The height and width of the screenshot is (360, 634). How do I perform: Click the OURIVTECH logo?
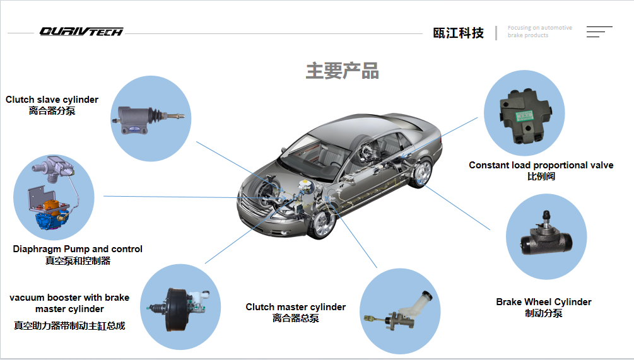[81, 32]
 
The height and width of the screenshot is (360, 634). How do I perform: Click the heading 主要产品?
[342, 71]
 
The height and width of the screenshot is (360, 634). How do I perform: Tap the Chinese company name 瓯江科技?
[459, 33]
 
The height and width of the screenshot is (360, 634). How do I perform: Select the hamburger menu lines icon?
[599, 32]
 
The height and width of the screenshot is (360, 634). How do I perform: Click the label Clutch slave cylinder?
[52, 100]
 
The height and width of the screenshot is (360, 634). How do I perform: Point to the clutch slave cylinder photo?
[150, 117]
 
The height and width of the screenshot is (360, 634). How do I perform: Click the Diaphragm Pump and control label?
[78, 249]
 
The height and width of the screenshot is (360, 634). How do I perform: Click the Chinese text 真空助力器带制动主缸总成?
[69, 326]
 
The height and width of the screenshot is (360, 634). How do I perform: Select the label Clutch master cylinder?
[295, 307]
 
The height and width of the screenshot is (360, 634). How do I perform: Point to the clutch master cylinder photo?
[399, 311]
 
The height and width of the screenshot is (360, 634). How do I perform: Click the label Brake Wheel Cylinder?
[544, 302]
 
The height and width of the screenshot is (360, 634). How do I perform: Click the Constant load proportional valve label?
[541, 165]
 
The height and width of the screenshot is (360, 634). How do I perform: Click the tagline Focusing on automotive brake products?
[539, 32]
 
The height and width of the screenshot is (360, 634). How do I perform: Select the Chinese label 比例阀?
[541, 177]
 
